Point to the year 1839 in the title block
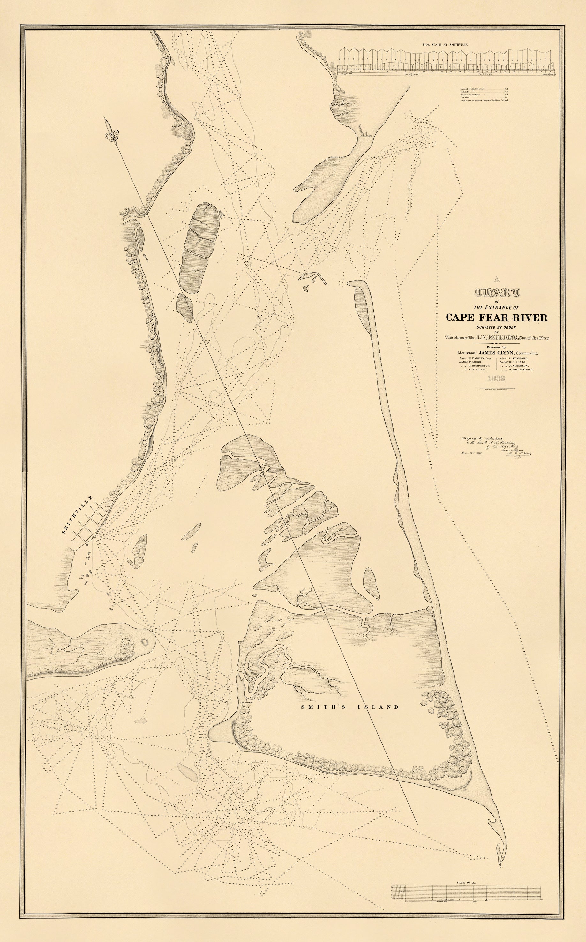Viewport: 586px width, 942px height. (497, 378)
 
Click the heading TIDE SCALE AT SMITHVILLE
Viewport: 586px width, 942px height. (445, 45)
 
